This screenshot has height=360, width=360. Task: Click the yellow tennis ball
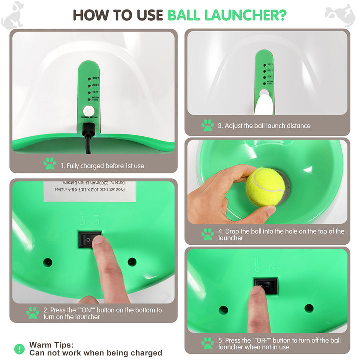(265, 187)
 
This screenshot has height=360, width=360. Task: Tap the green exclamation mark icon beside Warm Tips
(19, 349)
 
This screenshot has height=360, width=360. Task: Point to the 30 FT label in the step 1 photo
(95, 78)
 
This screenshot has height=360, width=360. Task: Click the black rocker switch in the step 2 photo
(89, 240)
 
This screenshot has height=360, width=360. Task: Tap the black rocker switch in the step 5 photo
(264, 286)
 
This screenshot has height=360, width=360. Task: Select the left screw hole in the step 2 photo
(48, 262)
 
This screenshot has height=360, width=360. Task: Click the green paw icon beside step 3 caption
(207, 125)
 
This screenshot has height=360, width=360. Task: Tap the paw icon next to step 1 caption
(49, 163)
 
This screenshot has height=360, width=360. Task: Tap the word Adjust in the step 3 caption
(235, 126)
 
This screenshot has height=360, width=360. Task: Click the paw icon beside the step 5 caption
(207, 344)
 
